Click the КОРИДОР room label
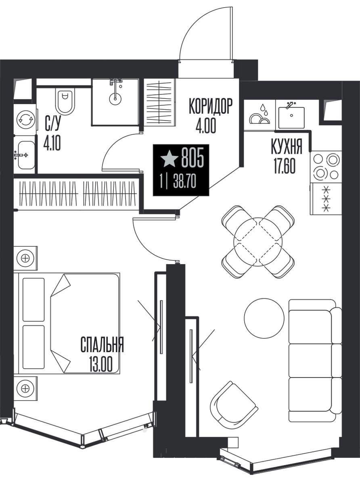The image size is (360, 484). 211,106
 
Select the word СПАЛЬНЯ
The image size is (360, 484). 102,344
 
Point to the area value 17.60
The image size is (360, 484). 285,166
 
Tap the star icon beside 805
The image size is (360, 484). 169,160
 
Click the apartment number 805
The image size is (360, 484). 193,160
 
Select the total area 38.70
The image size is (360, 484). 184,182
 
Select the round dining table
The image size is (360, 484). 258,242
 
